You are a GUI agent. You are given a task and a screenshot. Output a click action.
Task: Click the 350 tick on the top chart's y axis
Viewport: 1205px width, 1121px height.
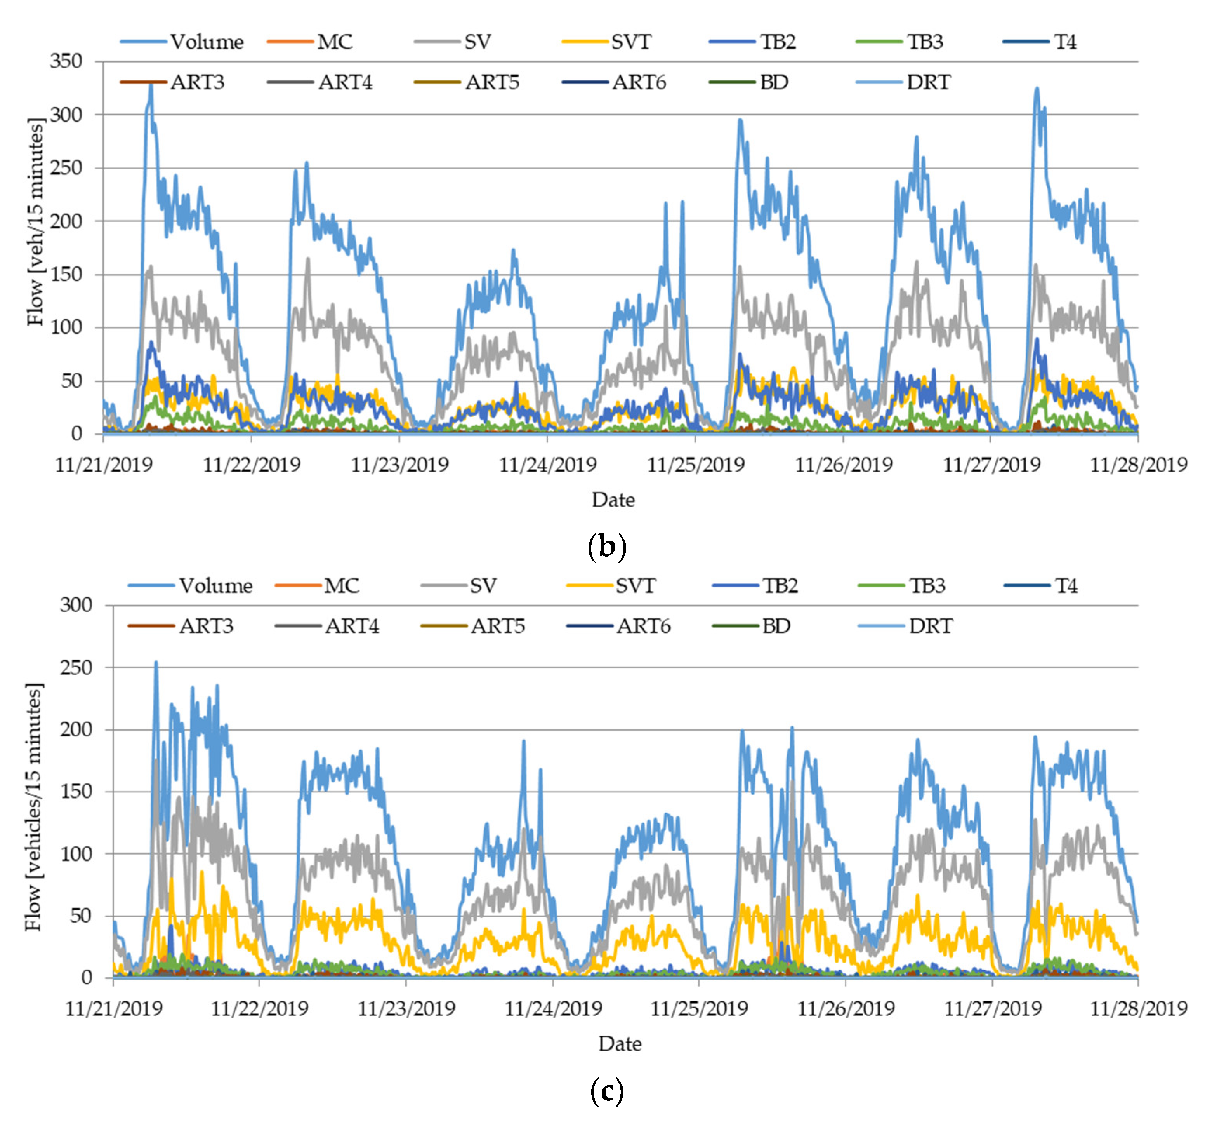tap(66, 61)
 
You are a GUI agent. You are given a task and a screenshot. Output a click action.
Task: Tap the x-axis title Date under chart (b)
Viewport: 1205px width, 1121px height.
tap(613, 500)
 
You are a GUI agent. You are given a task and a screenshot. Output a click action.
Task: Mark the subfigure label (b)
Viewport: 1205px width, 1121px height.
tap(606, 547)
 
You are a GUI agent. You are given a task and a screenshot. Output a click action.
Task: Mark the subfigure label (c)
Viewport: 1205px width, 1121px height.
tap(606, 1091)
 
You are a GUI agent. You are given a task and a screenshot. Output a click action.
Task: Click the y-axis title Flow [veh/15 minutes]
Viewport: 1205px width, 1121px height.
tap(36, 222)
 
